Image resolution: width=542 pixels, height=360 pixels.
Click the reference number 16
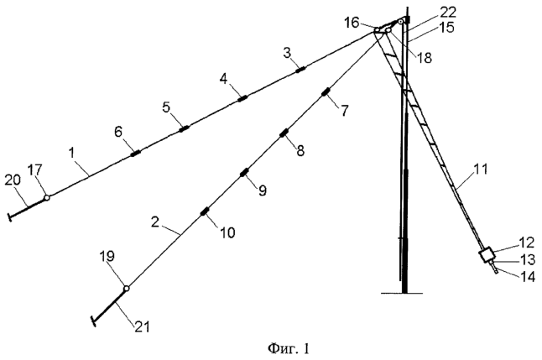click(352, 23)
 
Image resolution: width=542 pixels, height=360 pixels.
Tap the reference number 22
click(448, 13)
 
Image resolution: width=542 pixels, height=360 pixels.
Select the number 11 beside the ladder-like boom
click(479, 170)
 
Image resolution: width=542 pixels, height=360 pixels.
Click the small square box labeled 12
click(487, 256)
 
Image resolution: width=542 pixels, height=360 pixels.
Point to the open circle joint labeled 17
click(47, 198)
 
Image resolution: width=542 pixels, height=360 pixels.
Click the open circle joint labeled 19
click(127, 288)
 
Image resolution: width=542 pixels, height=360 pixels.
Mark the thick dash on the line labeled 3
click(300, 70)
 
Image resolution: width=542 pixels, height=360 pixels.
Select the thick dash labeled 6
click(136, 154)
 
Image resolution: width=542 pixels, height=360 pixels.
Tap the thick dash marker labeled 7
click(326, 92)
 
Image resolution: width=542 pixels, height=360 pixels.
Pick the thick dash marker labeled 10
click(205, 211)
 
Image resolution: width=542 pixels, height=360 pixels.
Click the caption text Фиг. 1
click(289, 348)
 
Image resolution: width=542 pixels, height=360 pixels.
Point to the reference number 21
click(142, 326)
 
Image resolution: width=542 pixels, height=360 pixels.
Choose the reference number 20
click(13, 180)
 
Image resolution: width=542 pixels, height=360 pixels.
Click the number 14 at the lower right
click(527, 277)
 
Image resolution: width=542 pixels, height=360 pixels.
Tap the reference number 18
click(425, 58)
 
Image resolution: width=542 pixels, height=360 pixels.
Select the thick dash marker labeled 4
click(243, 98)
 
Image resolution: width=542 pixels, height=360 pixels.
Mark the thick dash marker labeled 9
click(244, 172)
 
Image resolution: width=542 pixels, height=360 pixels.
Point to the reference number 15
click(447, 28)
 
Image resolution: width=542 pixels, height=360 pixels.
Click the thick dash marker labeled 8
click(284, 133)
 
